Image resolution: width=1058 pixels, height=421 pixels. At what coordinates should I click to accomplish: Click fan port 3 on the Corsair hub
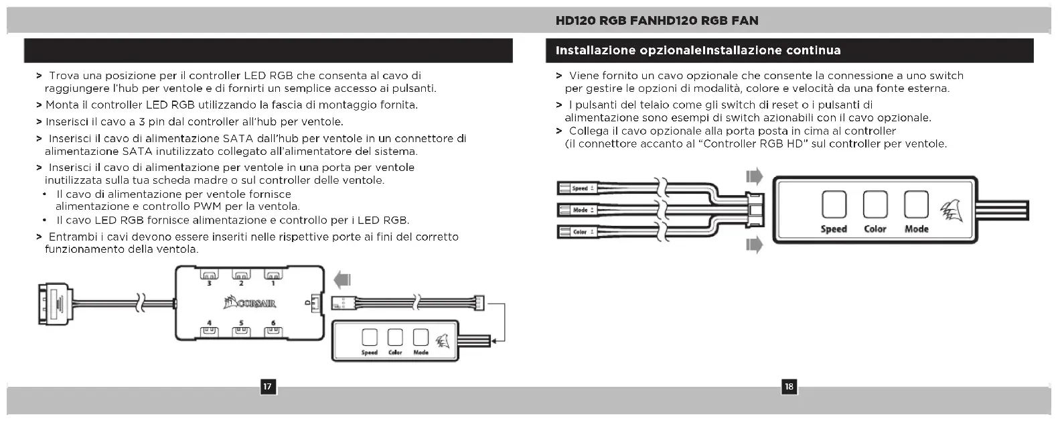(209, 275)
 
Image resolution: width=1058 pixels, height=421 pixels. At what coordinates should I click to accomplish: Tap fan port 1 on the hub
(273, 275)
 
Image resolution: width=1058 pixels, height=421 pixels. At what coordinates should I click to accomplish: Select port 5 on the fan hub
(240, 330)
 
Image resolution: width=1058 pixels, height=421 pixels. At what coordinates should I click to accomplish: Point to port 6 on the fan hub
(273, 330)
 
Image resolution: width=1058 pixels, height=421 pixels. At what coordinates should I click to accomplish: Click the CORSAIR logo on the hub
(249, 304)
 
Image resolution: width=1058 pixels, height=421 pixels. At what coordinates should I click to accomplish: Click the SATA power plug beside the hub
(54, 303)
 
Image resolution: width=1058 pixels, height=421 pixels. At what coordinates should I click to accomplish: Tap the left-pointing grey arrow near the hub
(342, 278)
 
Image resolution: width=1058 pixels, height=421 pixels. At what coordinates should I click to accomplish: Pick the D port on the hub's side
(316, 304)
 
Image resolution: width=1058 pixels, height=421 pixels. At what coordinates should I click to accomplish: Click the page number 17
(267, 386)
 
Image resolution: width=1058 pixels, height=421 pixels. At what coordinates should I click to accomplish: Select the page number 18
(789, 386)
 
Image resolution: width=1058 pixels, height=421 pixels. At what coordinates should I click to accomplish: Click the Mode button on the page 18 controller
(915, 204)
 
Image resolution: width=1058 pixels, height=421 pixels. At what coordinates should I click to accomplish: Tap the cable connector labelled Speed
(577, 188)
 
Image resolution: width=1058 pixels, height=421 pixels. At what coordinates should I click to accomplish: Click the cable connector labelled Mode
(577, 210)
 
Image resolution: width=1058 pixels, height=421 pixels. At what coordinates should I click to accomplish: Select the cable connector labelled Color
(577, 232)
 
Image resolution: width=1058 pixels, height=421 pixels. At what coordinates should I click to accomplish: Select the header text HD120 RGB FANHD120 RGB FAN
(657, 21)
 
